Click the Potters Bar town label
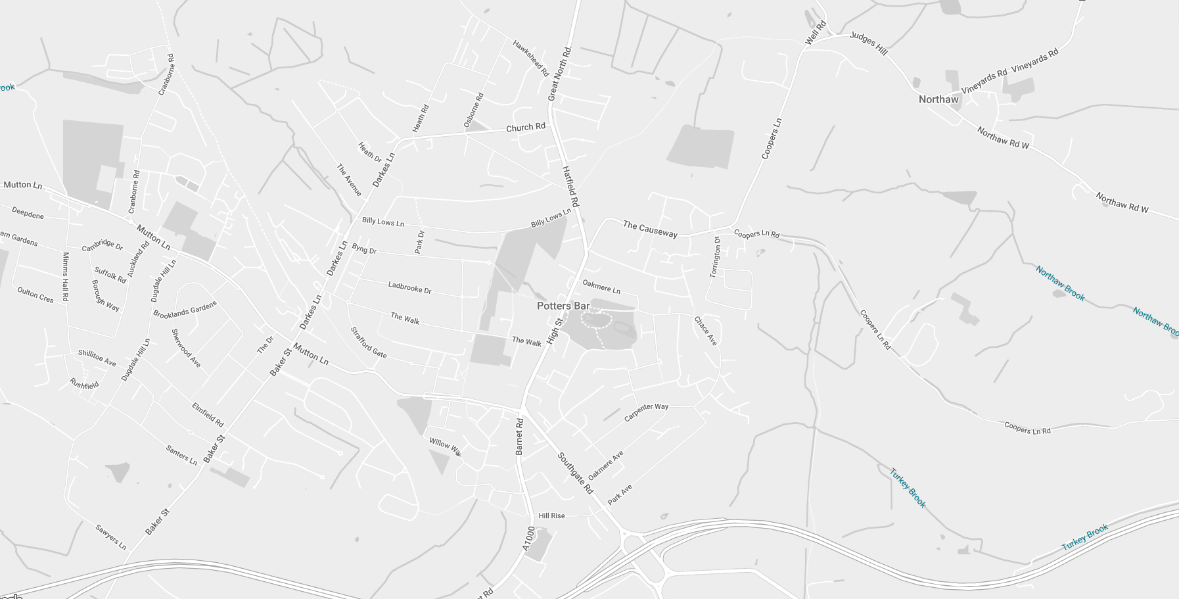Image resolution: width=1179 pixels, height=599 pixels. coord(563,306)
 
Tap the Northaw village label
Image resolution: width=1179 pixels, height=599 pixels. coord(938,99)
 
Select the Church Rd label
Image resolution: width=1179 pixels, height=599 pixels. coord(525,127)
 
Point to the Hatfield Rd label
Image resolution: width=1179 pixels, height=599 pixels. coord(570,186)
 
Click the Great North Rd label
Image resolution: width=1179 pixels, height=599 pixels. coord(559,74)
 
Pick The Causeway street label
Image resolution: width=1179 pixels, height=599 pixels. coord(649,229)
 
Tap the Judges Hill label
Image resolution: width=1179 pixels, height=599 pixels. coord(868,43)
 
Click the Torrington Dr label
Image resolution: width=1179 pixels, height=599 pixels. coord(715,257)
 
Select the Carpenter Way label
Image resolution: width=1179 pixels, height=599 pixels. coord(646,412)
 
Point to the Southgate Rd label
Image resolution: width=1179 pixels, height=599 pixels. coord(576,473)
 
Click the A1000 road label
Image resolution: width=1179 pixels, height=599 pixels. coord(529,538)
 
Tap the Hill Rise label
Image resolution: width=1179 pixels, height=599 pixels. coord(551,515)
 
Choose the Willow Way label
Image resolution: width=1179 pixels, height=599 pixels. coord(446,447)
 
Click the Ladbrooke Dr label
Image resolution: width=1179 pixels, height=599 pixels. coord(409,287)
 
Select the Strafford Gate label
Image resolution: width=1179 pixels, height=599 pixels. coord(368,343)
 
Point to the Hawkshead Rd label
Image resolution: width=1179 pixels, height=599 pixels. coord(531,59)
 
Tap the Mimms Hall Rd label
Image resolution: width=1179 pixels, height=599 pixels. coord(65,277)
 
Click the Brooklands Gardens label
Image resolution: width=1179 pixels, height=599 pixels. coord(185,310)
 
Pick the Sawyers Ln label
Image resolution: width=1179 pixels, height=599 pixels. coord(110,537)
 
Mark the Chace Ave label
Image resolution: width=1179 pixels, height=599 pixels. coord(705,331)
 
